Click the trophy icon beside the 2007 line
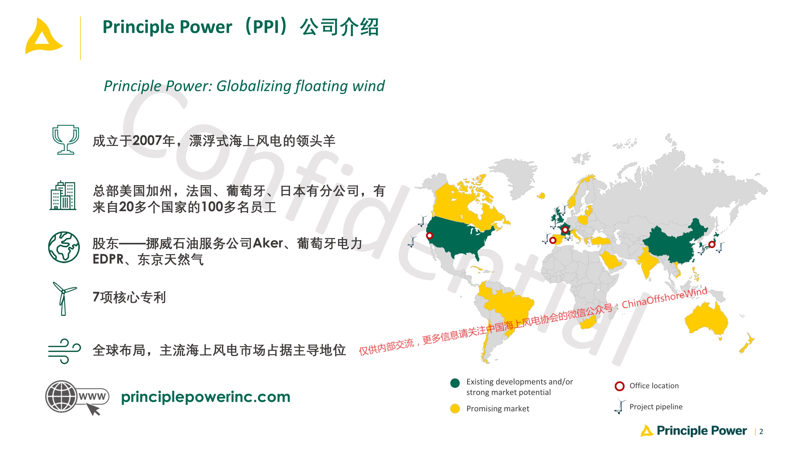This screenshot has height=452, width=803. point(65,140)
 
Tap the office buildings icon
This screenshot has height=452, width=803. point(63,195)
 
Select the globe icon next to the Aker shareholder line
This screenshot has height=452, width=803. point(64,247)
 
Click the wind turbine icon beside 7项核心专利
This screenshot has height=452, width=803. point(64,299)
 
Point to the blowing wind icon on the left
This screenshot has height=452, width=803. point(64,351)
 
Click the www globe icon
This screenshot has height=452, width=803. point(77,397)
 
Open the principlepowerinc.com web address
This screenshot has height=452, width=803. point(206,397)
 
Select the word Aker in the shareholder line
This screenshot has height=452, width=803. point(268,243)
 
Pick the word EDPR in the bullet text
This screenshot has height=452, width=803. point(108,259)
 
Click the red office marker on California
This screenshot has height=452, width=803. point(429,236)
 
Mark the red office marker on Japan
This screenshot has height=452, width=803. point(712,244)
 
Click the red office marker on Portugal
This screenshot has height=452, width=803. point(553,240)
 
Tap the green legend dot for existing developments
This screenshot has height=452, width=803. point(455,383)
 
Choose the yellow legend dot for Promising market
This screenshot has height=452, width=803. point(455,408)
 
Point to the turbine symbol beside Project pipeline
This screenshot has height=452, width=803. point(619,406)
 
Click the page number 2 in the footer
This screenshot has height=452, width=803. point(761,432)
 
